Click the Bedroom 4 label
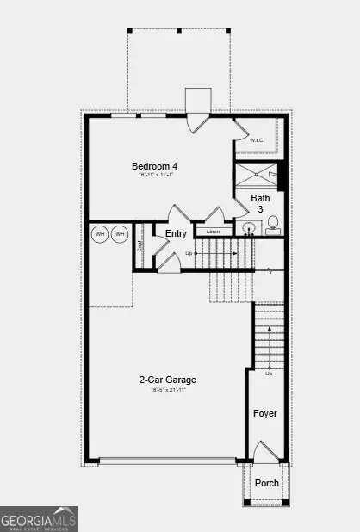click(x=155, y=166)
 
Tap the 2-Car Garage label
click(x=167, y=380)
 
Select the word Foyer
click(x=265, y=413)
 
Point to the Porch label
click(x=267, y=483)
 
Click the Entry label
click(x=176, y=233)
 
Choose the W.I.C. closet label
click(x=258, y=140)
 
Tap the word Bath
click(x=260, y=198)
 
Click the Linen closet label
click(x=212, y=232)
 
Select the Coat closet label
click(x=140, y=245)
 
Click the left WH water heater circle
click(x=101, y=233)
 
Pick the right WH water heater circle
click(x=120, y=233)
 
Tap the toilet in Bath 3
click(x=273, y=226)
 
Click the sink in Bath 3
click(x=249, y=229)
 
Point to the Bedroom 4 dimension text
click(x=156, y=176)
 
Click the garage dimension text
click(x=167, y=390)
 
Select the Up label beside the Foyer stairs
click(x=270, y=374)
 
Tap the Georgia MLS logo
click(x=39, y=519)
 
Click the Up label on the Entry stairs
click(x=189, y=253)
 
